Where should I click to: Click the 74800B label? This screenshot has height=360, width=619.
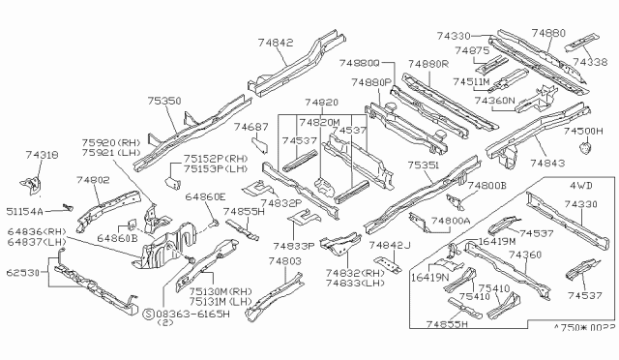click(x=487, y=185)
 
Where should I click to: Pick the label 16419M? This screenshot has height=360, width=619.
click(x=496, y=240)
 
